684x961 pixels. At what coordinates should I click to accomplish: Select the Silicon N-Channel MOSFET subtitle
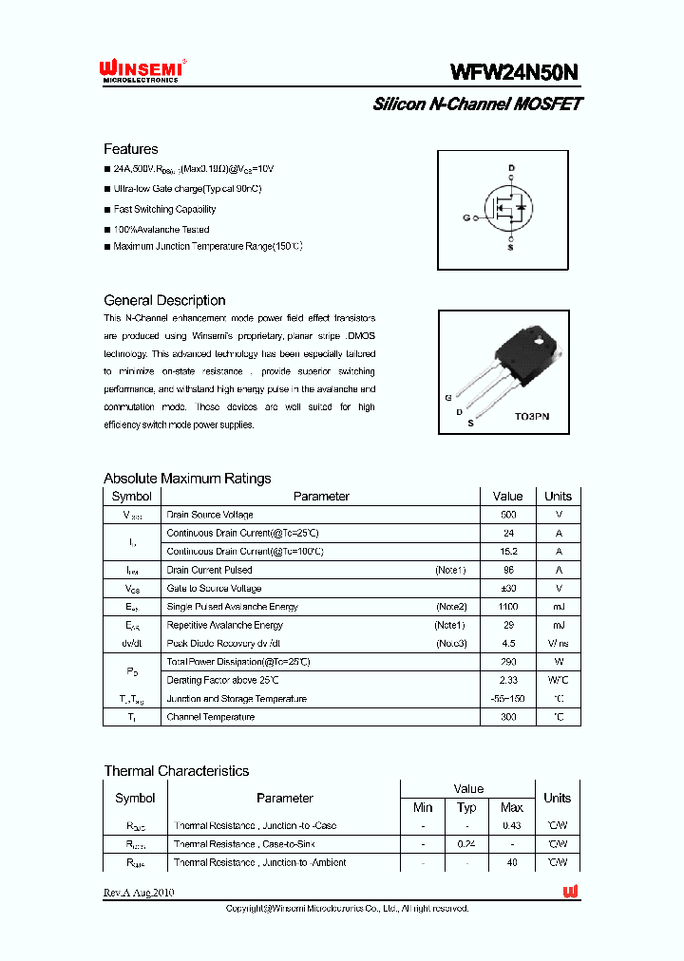tap(477, 104)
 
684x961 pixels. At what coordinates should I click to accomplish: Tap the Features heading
tap(131, 149)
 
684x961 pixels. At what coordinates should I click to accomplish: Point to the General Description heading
tap(164, 300)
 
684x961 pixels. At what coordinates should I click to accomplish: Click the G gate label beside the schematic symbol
tap(466, 217)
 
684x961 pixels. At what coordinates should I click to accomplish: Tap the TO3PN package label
tap(531, 417)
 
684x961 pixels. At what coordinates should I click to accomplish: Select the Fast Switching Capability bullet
tap(164, 209)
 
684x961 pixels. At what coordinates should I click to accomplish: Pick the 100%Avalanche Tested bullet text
tap(161, 229)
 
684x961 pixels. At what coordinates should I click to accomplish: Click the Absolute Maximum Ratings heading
tap(187, 479)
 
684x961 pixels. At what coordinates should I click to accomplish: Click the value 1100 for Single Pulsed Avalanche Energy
tap(507, 607)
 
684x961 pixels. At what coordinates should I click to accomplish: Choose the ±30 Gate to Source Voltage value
tap(507, 588)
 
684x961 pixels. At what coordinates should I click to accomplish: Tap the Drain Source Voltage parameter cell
tap(209, 515)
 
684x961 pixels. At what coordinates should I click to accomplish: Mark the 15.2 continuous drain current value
tap(507, 552)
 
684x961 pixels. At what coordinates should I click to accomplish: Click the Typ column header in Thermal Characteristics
tap(466, 807)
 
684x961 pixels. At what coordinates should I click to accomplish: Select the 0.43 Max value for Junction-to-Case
tap(511, 826)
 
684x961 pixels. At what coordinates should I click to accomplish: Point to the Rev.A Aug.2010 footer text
tap(139, 893)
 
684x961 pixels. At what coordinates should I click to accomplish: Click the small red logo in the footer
tap(570, 892)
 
